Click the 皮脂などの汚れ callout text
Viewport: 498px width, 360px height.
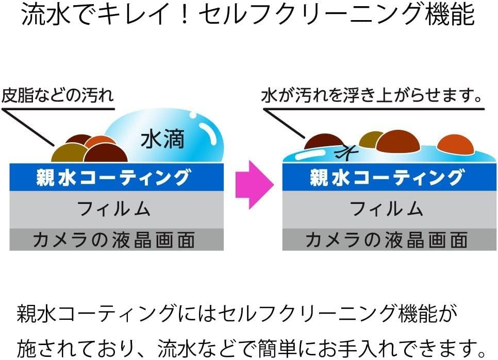click(x=58, y=95)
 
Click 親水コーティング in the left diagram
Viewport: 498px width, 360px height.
click(x=113, y=177)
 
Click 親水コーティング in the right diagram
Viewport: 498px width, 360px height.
click(x=386, y=177)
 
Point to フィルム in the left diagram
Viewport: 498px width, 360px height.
click(x=113, y=209)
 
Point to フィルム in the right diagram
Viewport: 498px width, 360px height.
click(x=386, y=209)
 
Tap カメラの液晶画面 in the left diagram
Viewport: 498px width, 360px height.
click(x=114, y=239)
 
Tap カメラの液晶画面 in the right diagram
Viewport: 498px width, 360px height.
click(x=387, y=239)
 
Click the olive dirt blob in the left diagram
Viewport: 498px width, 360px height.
click(x=68, y=153)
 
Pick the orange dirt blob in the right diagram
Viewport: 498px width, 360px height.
click(x=455, y=144)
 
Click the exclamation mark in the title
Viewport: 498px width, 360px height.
click(x=185, y=14)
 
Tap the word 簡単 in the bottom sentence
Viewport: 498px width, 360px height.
click(x=277, y=348)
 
